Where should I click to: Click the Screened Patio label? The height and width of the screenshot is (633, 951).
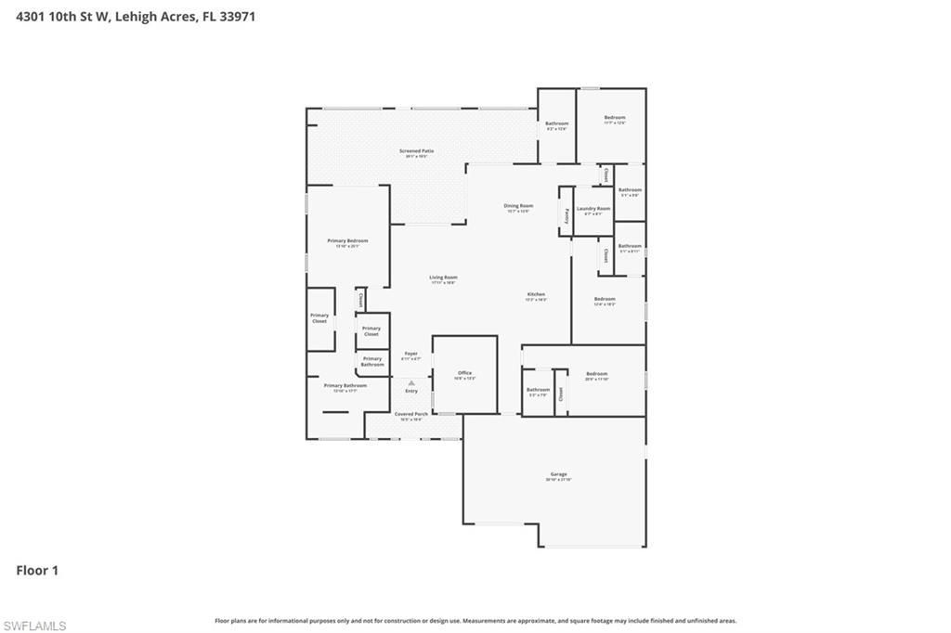coord(416,150)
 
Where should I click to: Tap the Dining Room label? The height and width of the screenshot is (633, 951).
coord(518,205)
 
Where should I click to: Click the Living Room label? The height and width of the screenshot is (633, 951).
coord(443,277)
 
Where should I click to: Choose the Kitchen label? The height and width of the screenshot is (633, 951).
coord(536,294)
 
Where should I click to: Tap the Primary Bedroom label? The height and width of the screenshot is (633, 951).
coord(347,240)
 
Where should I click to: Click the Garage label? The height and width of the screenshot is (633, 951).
coord(558,474)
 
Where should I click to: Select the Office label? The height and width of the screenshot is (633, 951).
coord(464,373)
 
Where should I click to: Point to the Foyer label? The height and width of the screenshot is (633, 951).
coord(410,353)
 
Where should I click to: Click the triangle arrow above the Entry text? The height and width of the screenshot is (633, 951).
coord(410,382)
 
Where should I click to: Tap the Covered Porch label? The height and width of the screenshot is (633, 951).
coord(410,414)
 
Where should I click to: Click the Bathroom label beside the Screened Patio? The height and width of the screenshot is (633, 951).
coord(556,123)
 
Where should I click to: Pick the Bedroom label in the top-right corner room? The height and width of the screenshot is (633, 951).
coord(614,117)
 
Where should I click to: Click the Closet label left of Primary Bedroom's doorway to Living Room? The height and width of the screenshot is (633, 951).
coord(360,300)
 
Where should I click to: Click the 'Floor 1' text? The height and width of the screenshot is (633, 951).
coord(37,570)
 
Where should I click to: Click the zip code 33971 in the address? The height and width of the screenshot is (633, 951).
coord(237,16)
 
